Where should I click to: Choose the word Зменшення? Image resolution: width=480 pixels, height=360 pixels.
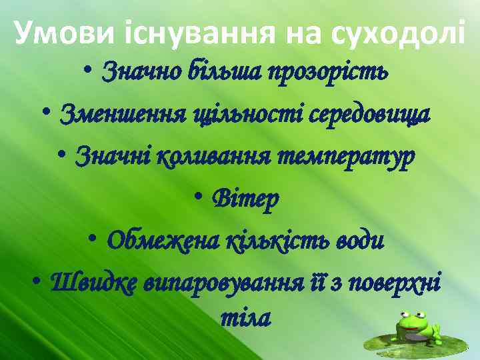pos(115,115)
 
